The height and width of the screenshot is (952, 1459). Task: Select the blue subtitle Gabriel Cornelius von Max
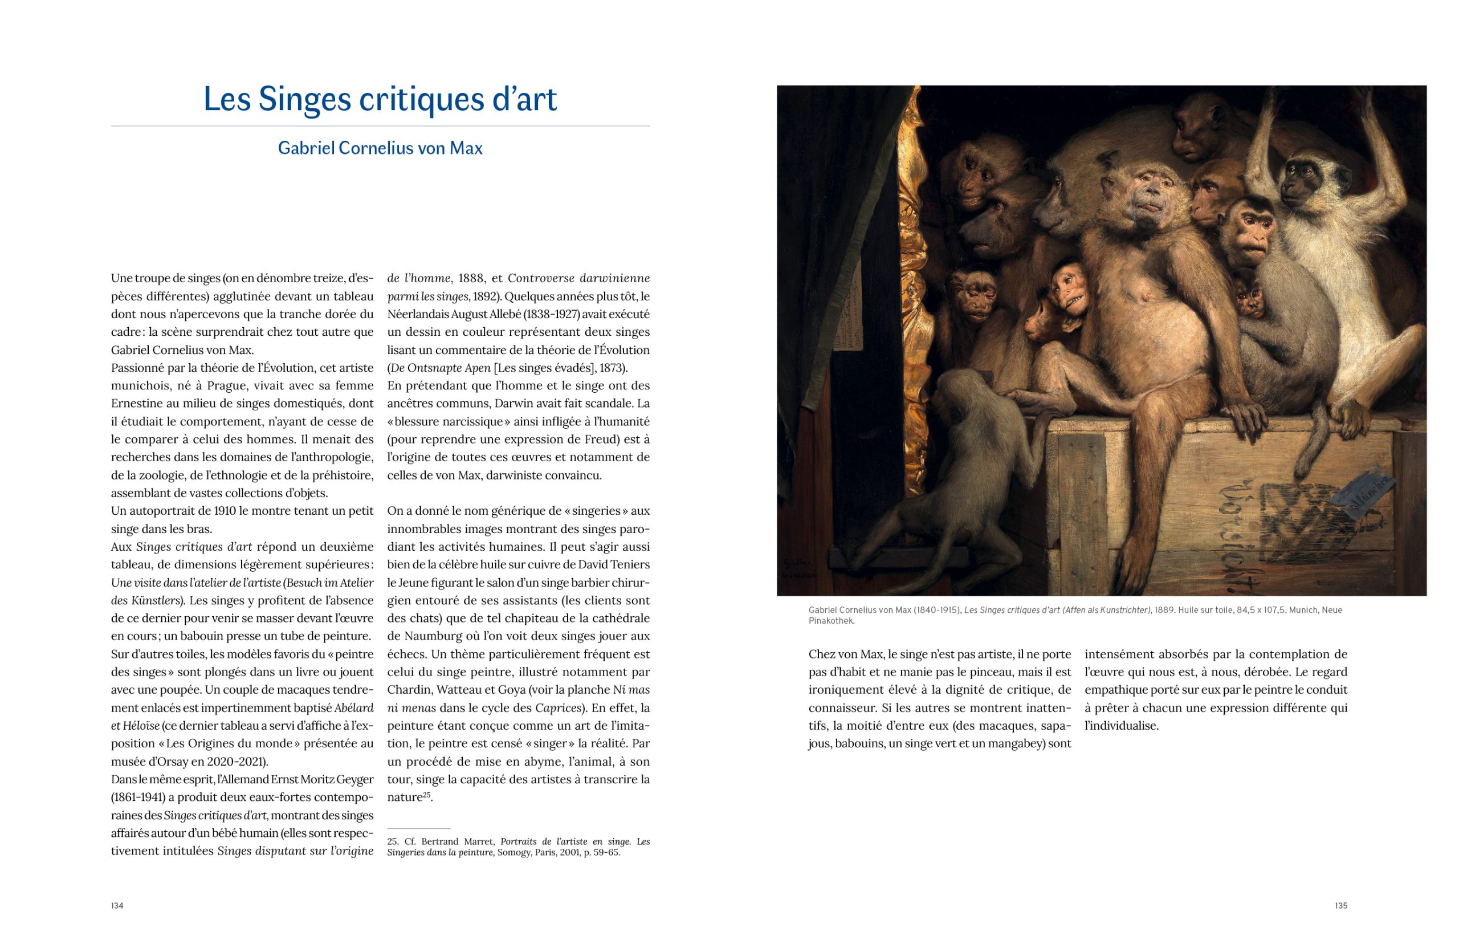pos(380,148)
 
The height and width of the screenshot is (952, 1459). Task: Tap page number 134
pos(117,905)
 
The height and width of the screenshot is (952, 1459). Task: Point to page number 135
pos(1340,905)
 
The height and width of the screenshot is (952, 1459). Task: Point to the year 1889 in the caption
pos(1164,610)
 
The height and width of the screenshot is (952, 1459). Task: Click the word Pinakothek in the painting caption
pos(830,621)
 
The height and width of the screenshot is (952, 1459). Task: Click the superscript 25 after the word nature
pos(426,795)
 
